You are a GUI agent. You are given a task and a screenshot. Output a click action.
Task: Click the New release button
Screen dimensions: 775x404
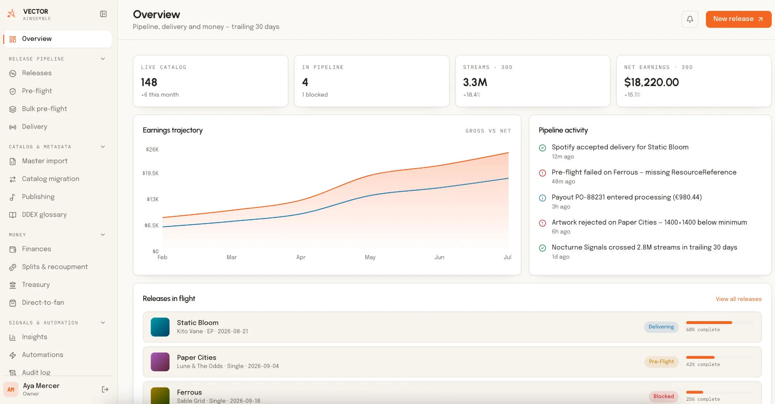pyautogui.click(x=738, y=19)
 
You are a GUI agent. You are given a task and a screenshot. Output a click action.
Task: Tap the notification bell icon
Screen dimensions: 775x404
pyautogui.click(x=690, y=19)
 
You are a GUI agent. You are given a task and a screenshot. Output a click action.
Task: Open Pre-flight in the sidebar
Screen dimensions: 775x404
pyautogui.click(x=37, y=91)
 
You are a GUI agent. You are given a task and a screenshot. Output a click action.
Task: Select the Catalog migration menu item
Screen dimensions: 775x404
pyautogui.click(x=50, y=179)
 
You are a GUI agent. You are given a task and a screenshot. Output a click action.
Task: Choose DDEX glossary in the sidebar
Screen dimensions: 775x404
pyautogui.click(x=44, y=215)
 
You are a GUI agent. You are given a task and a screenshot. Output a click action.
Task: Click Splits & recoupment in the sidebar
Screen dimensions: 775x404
pyautogui.click(x=55, y=267)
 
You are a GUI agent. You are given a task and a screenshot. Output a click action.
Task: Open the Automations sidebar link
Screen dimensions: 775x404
pyautogui.click(x=42, y=355)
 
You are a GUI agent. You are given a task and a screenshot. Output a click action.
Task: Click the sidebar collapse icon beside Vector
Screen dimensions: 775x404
pyautogui.click(x=103, y=14)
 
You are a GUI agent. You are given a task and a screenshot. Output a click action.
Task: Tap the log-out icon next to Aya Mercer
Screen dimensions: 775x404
pyautogui.click(x=105, y=389)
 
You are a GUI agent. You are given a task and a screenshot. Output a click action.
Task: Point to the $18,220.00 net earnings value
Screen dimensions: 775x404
pyautogui.click(x=651, y=82)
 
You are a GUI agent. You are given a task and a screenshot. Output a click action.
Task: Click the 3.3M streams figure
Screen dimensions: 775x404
pyautogui.click(x=475, y=82)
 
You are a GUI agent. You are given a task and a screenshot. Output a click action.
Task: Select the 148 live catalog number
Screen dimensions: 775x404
pyautogui.click(x=149, y=82)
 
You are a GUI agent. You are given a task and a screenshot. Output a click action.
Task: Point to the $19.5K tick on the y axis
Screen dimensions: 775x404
pyautogui.click(x=151, y=173)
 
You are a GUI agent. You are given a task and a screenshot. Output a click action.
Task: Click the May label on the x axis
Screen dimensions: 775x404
pyautogui.click(x=370, y=257)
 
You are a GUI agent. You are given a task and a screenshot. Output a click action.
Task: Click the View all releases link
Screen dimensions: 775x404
pyautogui.click(x=739, y=299)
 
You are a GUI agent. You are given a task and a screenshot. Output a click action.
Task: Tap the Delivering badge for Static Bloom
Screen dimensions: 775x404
pyautogui.click(x=661, y=327)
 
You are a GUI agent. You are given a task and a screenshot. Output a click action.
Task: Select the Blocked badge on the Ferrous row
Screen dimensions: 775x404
pyautogui.click(x=664, y=396)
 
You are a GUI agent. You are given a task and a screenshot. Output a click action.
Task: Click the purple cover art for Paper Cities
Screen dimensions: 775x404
pyautogui.click(x=160, y=362)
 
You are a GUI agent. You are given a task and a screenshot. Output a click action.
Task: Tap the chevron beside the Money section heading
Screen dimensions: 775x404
pyautogui.click(x=103, y=235)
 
